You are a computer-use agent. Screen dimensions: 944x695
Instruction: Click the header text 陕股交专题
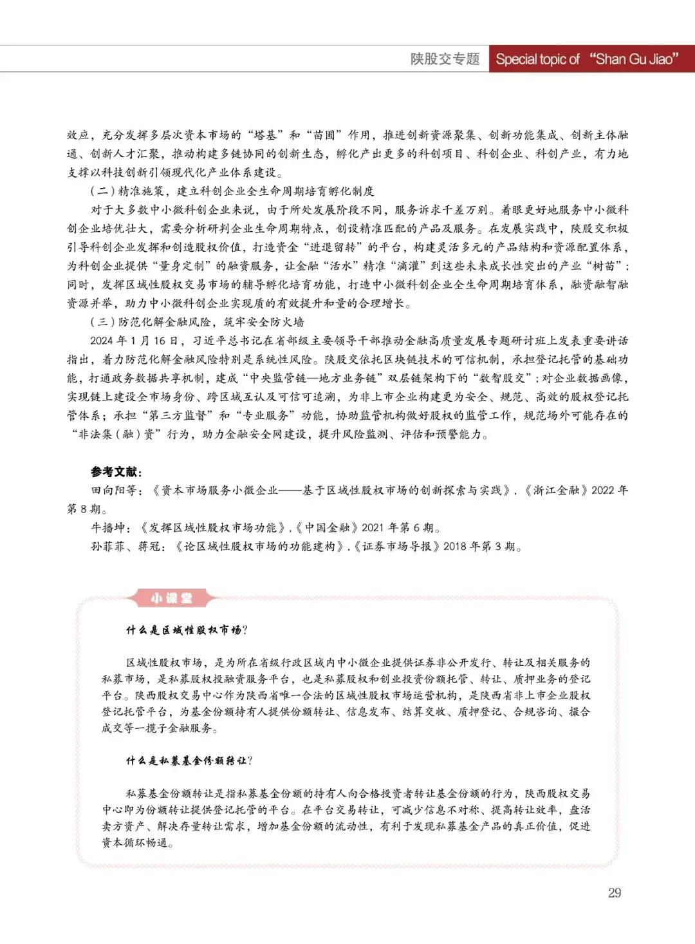point(445,59)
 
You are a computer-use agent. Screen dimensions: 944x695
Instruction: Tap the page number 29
point(614,892)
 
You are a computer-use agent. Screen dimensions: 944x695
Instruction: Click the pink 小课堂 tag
point(171,598)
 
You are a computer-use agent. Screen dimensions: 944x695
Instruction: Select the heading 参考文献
point(116,471)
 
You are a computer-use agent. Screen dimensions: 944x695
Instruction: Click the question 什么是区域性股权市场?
point(187,630)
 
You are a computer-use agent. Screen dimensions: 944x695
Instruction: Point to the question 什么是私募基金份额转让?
point(189,760)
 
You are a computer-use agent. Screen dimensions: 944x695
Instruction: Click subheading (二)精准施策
point(232,191)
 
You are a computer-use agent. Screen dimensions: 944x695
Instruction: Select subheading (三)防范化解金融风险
point(197,322)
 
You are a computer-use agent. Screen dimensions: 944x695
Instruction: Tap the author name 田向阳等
point(113,490)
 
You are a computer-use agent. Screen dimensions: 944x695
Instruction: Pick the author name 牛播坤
point(107,527)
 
